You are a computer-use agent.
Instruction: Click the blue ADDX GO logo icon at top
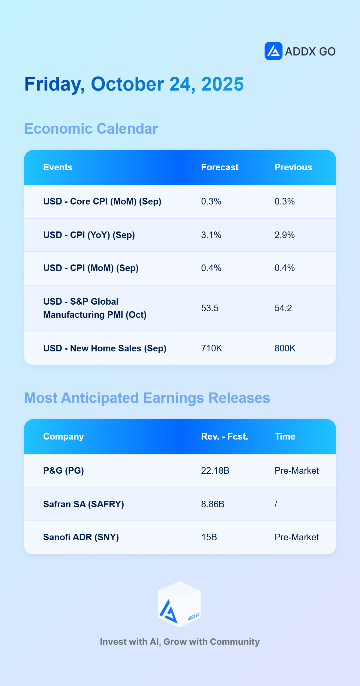pyautogui.click(x=273, y=51)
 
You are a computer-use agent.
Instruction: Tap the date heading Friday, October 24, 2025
pyautogui.click(x=134, y=84)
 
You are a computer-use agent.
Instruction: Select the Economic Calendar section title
pyautogui.click(x=91, y=129)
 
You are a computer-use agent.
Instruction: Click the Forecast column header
pyautogui.click(x=220, y=167)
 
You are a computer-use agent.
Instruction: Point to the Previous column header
pyautogui.click(x=293, y=167)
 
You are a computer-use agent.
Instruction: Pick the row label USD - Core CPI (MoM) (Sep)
pyautogui.click(x=102, y=201)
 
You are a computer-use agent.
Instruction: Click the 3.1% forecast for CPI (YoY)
pyautogui.click(x=211, y=235)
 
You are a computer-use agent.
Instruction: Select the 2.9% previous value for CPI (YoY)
pyautogui.click(x=285, y=235)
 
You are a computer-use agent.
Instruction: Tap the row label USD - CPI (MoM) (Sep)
pyautogui.click(x=91, y=268)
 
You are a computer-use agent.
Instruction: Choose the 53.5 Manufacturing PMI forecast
pyautogui.click(x=210, y=308)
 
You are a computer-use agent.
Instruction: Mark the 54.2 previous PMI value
pyautogui.click(x=283, y=308)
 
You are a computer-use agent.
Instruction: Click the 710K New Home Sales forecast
pyautogui.click(x=211, y=348)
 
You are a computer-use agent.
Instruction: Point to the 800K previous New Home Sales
pyautogui.click(x=285, y=348)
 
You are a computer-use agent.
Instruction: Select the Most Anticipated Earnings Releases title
pyautogui.click(x=147, y=398)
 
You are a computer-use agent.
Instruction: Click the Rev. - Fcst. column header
pyautogui.click(x=224, y=437)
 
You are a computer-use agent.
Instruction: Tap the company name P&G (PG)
pyautogui.click(x=64, y=471)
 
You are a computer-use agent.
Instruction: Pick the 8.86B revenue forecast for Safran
pyautogui.click(x=213, y=504)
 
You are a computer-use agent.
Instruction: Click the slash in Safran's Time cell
pyautogui.click(x=276, y=504)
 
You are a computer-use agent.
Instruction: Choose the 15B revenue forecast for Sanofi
pyautogui.click(x=209, y=537)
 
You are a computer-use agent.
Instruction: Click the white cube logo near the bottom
pyautogui.click(x=179, y=604)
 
